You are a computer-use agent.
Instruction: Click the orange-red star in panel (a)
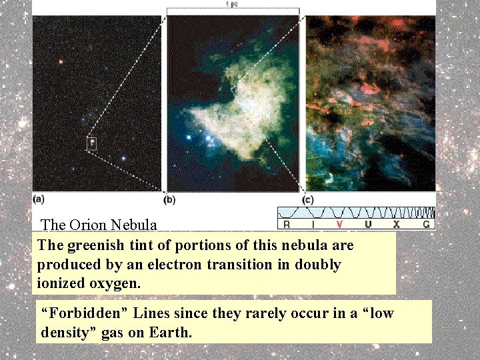point(61,62)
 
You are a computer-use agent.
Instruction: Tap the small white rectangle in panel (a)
point(92,143)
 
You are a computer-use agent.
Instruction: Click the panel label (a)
point(39,199)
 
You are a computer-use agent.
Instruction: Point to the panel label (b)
point(169,199)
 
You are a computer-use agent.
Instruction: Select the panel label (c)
point(308,199)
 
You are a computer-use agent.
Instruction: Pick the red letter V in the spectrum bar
point(340,225)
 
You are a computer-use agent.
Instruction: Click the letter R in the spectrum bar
point(286,225)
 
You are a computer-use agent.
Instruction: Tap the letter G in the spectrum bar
point(426,225)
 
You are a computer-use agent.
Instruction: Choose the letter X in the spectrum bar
point(397,225)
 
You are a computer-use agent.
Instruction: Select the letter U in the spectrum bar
point(368,225)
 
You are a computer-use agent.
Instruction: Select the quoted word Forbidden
point(79,313)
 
